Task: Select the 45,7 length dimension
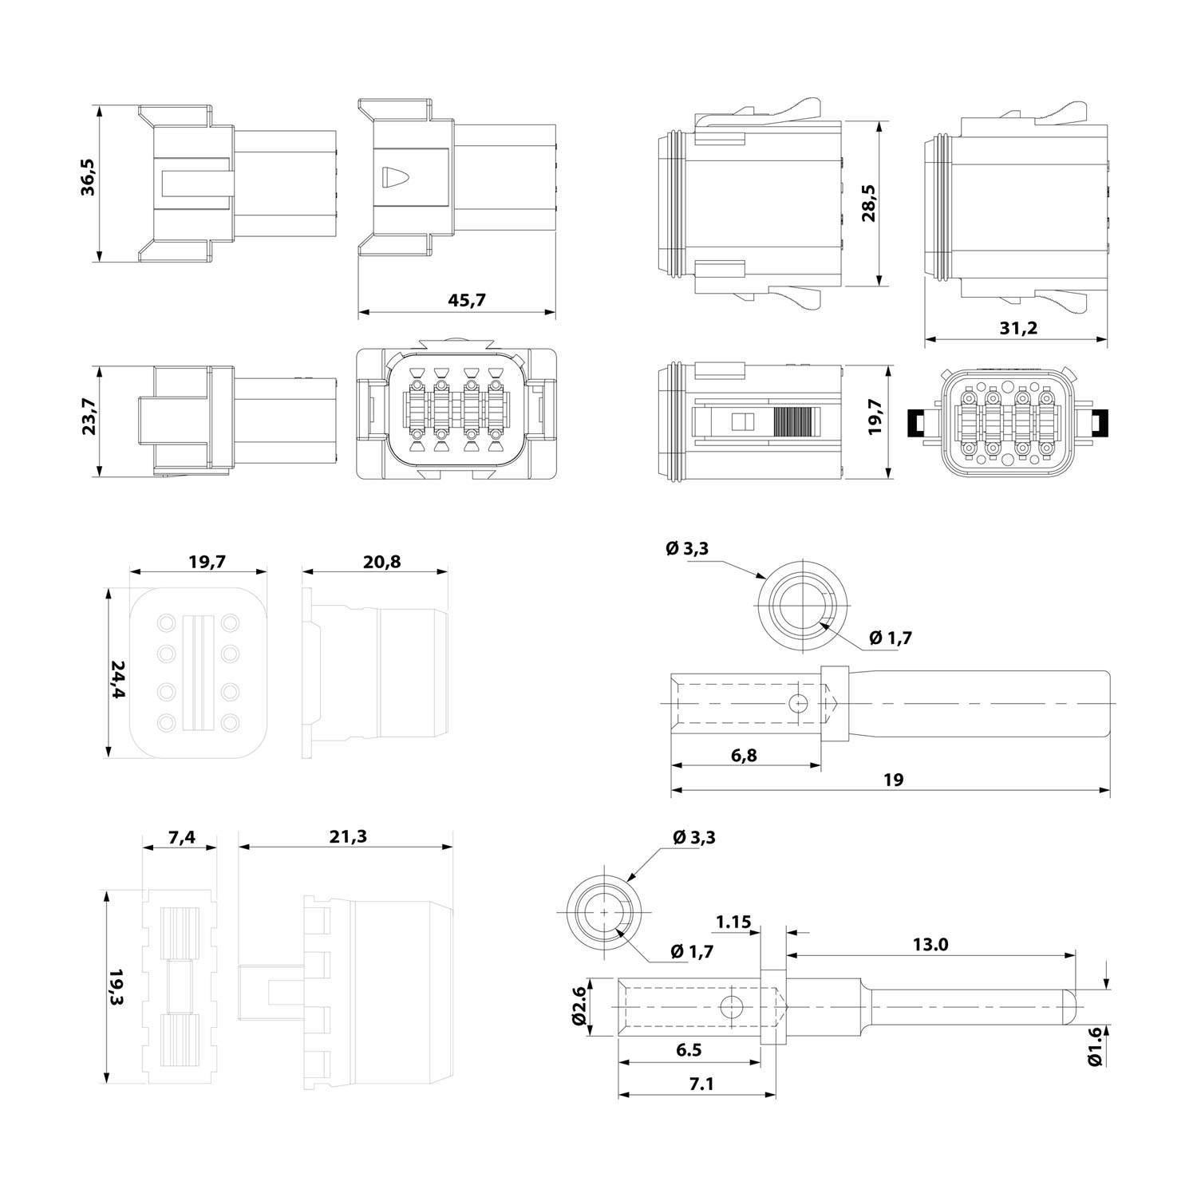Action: (x=468, y=300)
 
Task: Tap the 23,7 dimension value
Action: (x=89, y=417)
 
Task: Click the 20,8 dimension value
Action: (x=382, y=562)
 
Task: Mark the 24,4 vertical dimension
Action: (x=118, y=679)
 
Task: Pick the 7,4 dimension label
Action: (x=181, y=837)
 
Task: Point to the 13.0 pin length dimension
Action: (x=930, y=945)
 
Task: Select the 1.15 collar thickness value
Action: (x=733, y=922)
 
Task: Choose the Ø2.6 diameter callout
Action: (x=580, y=1006)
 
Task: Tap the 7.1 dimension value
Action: (x=684, y=1084)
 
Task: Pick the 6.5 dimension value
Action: (x=688, y=1050)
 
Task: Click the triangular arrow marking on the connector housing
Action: (x=393, y=176)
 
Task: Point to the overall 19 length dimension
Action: (x=894, y=780)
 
